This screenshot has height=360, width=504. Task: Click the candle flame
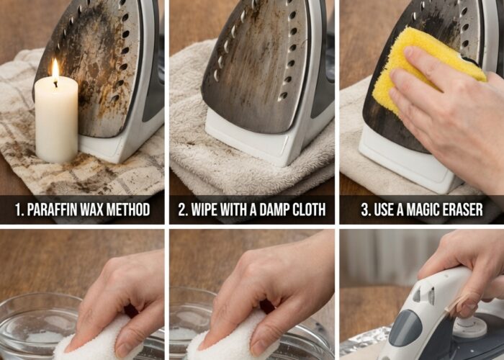tap(55, 69)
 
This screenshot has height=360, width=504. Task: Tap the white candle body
tap(56, 120)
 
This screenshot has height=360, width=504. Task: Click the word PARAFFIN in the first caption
tap(52, 210)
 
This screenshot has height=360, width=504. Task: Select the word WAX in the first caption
tap(91, 210)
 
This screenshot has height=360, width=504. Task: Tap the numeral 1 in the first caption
tap(18, 210)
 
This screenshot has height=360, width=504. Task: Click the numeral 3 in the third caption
tap(365, 210)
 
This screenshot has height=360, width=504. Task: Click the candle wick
tap(55, 84)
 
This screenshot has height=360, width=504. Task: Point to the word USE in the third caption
tap(384, 210)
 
